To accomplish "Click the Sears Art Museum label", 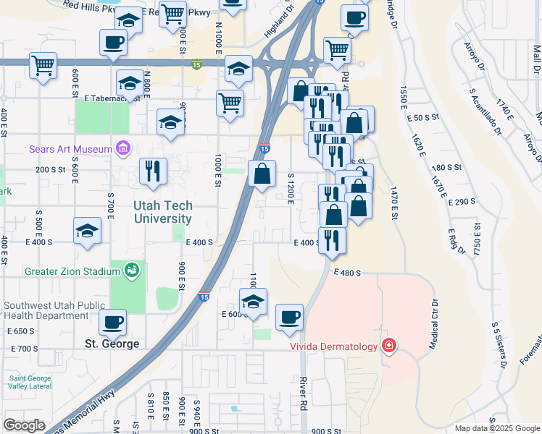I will (x=70, y=150).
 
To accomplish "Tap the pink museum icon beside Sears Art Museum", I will (x=122, y=150).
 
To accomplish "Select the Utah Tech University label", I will (x=162, y=212).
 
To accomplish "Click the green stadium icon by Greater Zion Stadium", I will (x=131, y=271).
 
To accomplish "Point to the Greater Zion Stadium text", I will (x=72, y=271).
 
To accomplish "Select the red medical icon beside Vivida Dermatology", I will (x=389, y=346).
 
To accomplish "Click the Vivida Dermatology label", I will (x=334, y=346).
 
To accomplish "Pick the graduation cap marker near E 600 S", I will (x=254, y=301).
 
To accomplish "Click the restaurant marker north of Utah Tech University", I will (x=153, y=171).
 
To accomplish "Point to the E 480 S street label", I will (x=347, y=273).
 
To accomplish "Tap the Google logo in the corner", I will (x=24, y=425).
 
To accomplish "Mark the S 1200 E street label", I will (x=291, y=187).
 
